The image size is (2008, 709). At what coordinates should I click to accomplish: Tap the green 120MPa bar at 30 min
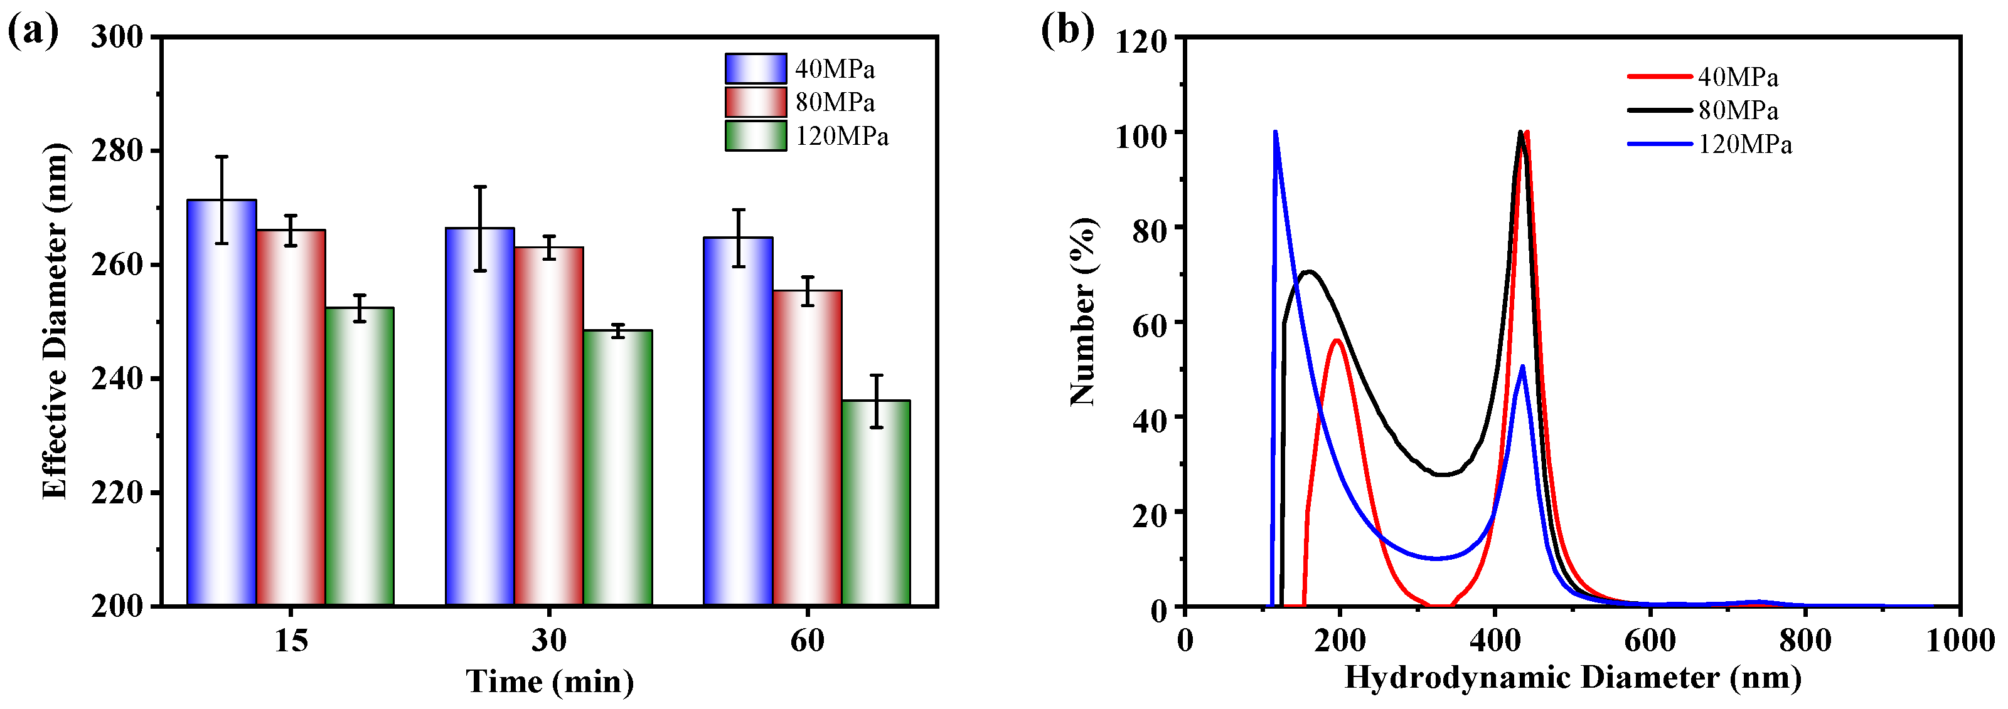click(x=618, y=468)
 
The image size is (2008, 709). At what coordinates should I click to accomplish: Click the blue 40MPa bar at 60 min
click(x=738, y=421)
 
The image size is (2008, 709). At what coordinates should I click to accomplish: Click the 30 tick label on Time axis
click(x=549, y=641)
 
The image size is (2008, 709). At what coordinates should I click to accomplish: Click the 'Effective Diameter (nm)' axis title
click(x=55, y=321)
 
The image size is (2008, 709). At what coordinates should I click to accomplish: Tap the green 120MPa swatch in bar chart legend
click(x=756, y=135)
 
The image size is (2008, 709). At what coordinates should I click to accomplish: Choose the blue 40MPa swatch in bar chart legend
click(x=756, y=68)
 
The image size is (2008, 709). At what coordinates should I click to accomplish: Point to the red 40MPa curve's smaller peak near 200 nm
click(x=1337, y=340)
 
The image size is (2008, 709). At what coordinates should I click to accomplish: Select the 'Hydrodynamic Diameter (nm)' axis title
click(x=1573, y=677)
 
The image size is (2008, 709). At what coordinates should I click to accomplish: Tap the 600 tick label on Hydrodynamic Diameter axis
click(x=1650, y=641)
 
